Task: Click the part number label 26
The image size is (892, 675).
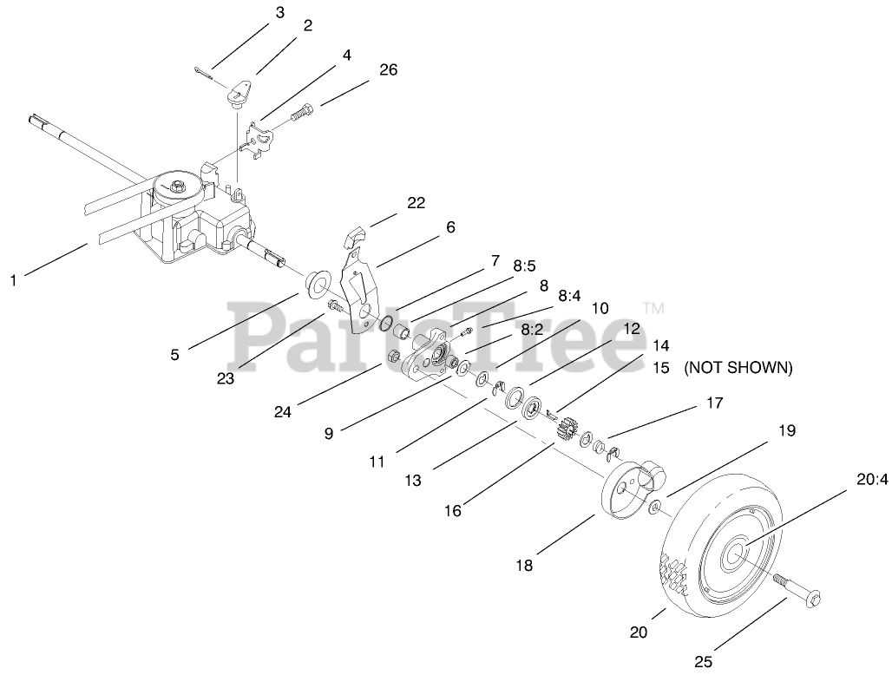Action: pyautogui.click(x=388, y=70)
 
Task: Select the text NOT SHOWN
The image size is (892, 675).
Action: pyautogui.click(x=738, y=368)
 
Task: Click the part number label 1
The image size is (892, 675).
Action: pyautogui.click(x=14, y=280)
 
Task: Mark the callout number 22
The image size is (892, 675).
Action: pyautogui.click(x=416, y=202)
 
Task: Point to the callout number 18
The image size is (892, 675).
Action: pyautogui.click(x=524, y=566)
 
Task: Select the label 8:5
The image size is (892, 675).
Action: pyautogui.click(x=525, y=266)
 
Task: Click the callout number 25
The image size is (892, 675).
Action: pyautogui.click(x=703, y=662)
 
